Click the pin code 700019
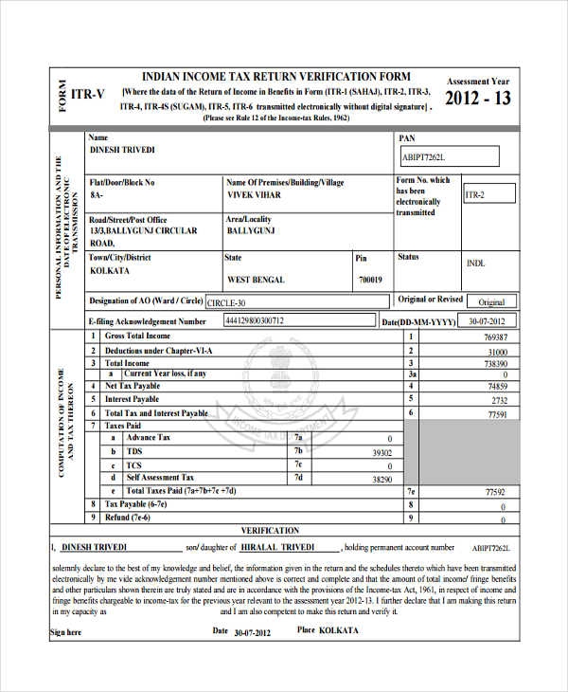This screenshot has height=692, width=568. (369, 280)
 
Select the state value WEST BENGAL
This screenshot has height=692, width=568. (257, 280)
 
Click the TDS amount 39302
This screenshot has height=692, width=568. (381, 453)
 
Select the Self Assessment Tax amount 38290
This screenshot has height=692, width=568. (381, 480)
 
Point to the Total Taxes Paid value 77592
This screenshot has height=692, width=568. (495, 492)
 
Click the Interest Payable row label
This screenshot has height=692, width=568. (132, 399)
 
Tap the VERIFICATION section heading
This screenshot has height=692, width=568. (270, 531)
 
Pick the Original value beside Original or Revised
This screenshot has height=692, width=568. (491, 302)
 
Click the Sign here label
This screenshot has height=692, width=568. (66, 632)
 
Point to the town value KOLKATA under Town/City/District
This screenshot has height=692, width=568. (110, 270)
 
